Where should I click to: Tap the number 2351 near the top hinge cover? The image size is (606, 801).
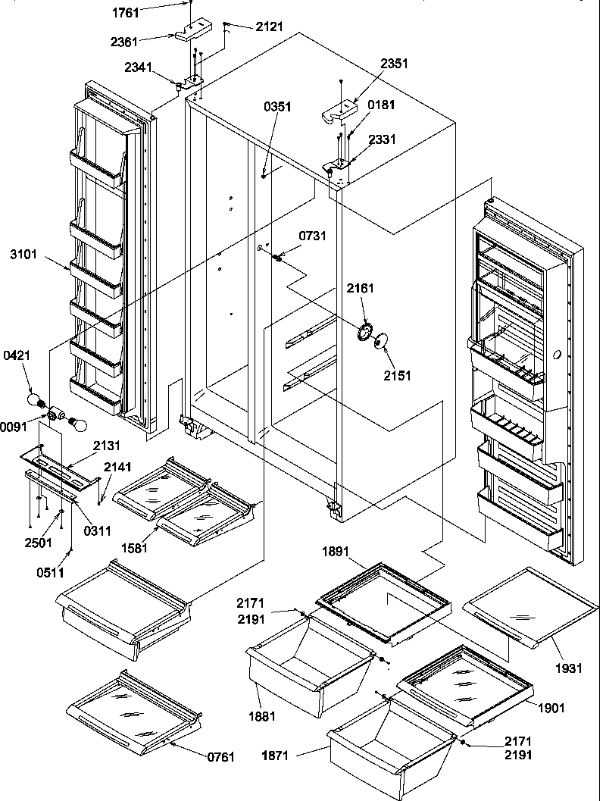pyautogui.click(x=393, y=64)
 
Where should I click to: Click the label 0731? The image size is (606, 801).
pyautogui.click(x=313, y=237)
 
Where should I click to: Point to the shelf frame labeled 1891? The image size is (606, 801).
pyautogui.click(x=383, y=597)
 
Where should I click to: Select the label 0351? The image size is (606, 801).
pyautogui.click(x=278, y=108)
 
